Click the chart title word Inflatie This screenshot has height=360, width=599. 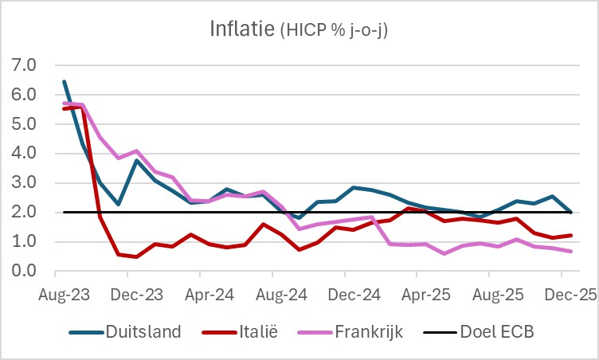244,29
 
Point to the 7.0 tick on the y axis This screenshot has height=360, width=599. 23,65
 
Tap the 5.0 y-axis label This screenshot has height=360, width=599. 23,124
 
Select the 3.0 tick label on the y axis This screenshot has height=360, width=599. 23,183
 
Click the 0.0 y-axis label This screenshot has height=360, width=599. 23,272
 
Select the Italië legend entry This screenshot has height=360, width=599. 254,331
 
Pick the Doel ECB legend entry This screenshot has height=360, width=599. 499,331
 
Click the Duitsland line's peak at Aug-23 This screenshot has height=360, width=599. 65,81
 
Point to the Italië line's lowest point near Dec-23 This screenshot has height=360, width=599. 136,257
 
